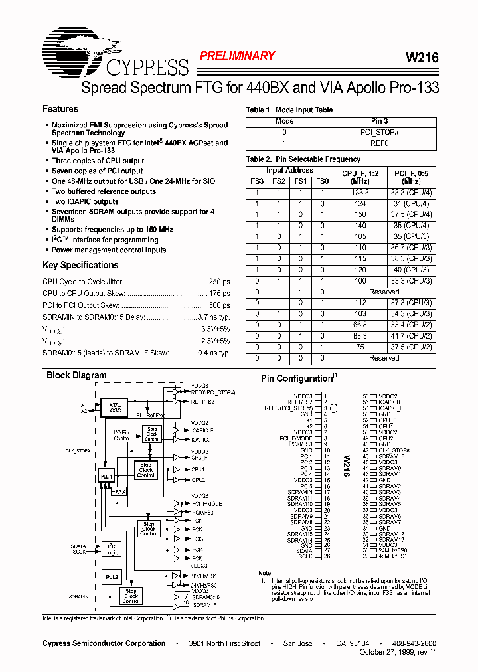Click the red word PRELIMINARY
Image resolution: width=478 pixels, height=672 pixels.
(237, 56)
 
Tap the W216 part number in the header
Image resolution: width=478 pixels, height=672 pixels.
(422, 58)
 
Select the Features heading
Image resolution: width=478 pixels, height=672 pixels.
(60, 109)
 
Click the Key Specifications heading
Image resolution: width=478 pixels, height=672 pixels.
(80, 265)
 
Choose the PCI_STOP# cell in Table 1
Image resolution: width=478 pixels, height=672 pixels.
(380, 132)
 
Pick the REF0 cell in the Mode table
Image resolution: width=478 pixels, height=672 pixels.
(380, 143)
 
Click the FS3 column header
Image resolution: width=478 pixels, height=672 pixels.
(256, 181)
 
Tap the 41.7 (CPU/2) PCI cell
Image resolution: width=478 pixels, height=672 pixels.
(407, 337)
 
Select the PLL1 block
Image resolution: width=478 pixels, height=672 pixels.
(106, 477)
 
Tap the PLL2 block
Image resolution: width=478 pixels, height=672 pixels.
(112, 577)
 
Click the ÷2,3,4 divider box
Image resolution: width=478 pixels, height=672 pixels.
(119, 492)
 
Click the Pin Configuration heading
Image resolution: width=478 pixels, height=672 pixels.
(296, 378)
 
